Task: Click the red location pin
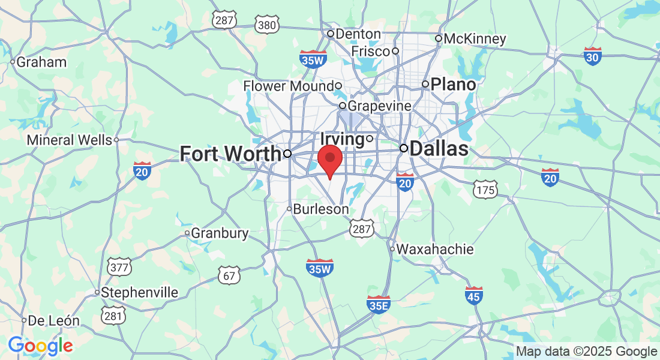[x=329, y=158]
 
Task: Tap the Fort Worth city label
[x=230, y=154]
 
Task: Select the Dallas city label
[x=439, y=148]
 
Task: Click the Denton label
[x=358, y=34]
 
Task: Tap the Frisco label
[x=370, y=52]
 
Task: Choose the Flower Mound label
[x=288, y=86]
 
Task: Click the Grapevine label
[x=380, y=106]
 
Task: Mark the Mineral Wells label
[x=69, y=140]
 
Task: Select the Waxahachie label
[x=436, y=249]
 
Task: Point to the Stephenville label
[x=140, y=293]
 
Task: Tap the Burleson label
[x=321, y=209]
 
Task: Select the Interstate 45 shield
[x=475, y=295]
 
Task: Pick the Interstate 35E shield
[x=378, y=305]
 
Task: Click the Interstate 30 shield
[x=593, y=56]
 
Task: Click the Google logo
[x=40, y=346]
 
